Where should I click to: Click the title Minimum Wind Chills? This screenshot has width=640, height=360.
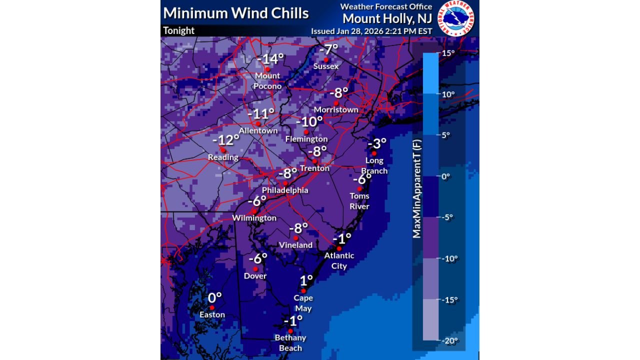click(236, 13)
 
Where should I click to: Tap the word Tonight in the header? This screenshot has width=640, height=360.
click(178, 30)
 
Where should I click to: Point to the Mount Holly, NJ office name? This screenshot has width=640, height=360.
click(387, 18)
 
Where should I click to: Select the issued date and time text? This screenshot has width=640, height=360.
click(371, 31)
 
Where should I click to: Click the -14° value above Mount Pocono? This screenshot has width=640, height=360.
click(270, 58)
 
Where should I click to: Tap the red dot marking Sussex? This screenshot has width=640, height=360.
click(326, 59)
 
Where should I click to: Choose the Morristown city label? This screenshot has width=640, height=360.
click(336, 109)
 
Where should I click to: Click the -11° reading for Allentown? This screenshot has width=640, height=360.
click(261, 113)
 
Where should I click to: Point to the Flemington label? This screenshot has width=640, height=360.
click(306, 139)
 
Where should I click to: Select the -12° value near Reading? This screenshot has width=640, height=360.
click(226, 140)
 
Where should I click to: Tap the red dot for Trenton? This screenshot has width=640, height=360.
click(314, 161)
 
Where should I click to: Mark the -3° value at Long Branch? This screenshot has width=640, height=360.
click(377, 143)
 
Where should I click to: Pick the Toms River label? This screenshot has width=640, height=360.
click(359, 201)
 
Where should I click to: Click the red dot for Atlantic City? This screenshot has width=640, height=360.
click(339, 248)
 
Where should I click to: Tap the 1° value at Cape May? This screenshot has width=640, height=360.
click(306, 280)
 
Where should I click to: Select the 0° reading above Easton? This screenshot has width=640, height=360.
click(214, 297)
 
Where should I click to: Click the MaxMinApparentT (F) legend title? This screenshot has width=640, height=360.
click(416, 188)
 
